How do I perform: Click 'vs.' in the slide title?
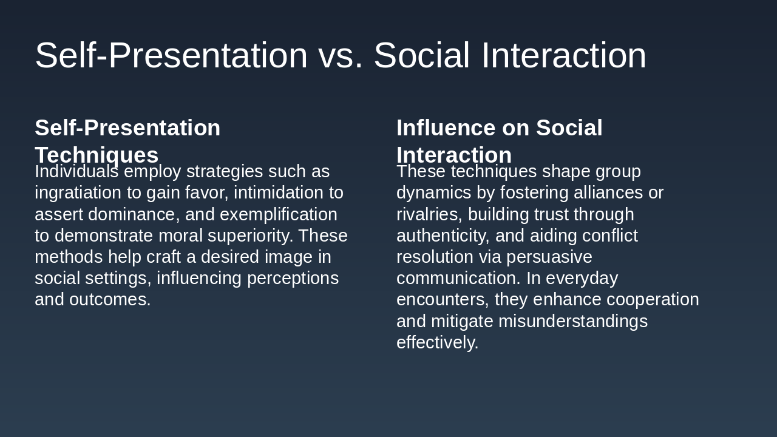pyautogui.click(x=340, y=56)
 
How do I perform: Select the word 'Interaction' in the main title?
pyautogui.click(x=563, y=56)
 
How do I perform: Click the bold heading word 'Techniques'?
pyautogui.click(x=97, y=155)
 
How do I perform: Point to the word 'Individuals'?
pyautogui.click(x=76, y=172)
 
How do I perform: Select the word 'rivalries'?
pyautogui.click(x=429, y=214)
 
